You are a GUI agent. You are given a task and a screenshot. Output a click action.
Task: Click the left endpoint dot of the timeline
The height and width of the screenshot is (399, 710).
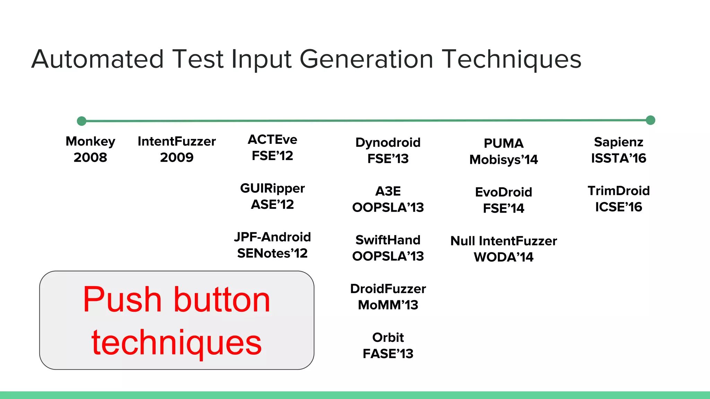coord(81,121)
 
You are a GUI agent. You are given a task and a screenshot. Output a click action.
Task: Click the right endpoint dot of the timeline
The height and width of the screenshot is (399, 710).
coord(650,120)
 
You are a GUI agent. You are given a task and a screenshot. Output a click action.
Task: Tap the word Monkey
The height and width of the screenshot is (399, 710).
coord(90,141)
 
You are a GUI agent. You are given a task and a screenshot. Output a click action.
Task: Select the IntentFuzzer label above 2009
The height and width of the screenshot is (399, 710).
coord(176,141)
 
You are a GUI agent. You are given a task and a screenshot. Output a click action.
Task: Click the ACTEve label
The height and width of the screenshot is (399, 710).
coord(272,140)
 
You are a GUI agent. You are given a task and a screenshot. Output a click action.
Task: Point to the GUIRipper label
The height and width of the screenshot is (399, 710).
coord(272,188)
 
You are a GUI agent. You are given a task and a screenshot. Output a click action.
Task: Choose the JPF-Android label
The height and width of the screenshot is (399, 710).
coord(272,237)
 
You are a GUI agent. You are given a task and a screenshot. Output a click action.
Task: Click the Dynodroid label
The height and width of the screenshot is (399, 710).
coord(388,142)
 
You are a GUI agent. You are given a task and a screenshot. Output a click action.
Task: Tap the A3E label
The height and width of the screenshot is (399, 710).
coord(388,191)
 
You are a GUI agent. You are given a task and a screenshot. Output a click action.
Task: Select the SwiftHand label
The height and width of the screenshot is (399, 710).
coord(388,240)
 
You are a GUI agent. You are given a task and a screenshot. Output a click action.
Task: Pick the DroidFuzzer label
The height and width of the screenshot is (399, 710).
coord(388,289)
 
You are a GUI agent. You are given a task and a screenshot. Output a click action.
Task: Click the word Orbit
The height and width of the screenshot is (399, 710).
coord(388,337)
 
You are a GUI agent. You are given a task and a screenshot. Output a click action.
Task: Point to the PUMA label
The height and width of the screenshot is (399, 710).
coord(503,143)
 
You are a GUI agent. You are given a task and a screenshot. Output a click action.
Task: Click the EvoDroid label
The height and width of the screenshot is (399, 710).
coord(503,192)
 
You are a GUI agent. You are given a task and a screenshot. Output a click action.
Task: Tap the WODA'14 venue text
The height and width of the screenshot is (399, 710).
coord(503,257)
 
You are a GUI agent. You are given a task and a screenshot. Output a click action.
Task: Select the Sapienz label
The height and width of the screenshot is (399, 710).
coord(618,142)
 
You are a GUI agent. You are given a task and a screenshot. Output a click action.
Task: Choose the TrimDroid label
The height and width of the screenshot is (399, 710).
coord(618,191)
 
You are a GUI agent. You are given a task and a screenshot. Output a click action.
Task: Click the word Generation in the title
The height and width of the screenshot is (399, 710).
coord(366,59)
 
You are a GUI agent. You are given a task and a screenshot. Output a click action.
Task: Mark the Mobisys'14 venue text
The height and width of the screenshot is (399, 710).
coord(503,160)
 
